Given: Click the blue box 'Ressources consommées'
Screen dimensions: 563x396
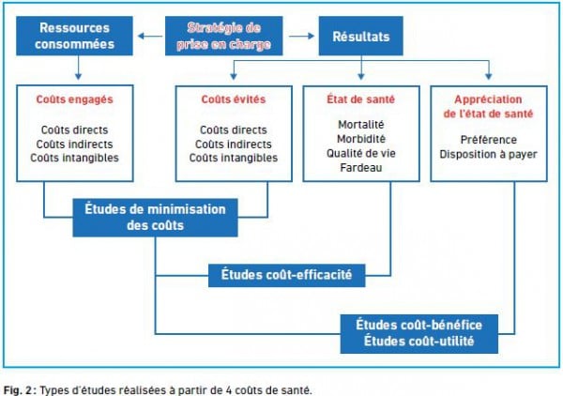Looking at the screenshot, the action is [x=74, y=36].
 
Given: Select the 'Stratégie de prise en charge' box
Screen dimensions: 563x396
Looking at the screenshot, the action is [x=223, y=36].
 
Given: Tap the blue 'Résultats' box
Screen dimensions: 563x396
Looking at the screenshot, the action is [x=361, y=36].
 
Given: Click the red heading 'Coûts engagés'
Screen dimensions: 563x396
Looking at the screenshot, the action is [x=75, y=99].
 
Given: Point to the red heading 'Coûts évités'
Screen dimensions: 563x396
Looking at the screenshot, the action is [x=234, y=99].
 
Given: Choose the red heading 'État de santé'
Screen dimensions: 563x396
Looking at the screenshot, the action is [x=361, y=99].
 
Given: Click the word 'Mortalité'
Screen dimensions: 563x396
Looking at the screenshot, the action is [x=361, y=125].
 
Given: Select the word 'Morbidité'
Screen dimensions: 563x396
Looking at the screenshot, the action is [x=361, y=139].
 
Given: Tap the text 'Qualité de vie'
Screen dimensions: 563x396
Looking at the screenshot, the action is [x=361, y=153].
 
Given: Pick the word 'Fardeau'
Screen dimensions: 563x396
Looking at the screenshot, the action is [x=361, y=168].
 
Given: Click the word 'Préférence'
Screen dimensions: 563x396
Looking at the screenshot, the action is [x=489, y=140].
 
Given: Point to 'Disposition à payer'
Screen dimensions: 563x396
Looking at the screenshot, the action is [x=489, y=155].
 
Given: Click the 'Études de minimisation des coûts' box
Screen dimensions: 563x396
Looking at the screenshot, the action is [x=155, y=218].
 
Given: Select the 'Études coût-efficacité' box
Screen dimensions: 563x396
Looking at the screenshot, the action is [x=286, y=275].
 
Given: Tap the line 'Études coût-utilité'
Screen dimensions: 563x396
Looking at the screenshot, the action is [x=419, y=341].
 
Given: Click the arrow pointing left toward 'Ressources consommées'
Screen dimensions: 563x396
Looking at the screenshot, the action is [x=150, y=36].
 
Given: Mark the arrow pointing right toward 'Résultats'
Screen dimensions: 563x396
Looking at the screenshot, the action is [x=301, y=36].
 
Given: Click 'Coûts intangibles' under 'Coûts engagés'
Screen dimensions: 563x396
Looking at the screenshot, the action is [x=75, y=158].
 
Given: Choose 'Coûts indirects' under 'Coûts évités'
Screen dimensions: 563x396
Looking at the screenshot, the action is [x=234, y=145].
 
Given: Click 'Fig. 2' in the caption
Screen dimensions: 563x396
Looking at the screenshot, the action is [x=18, y=389].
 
